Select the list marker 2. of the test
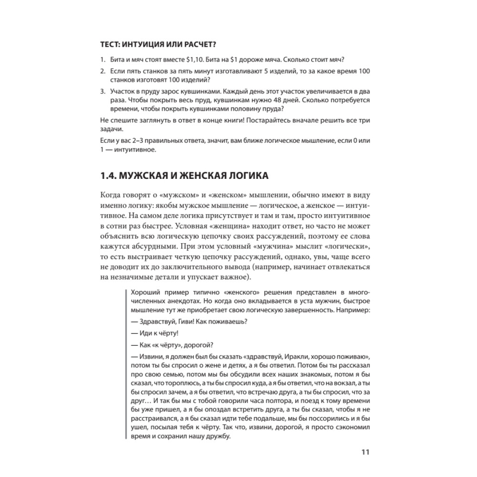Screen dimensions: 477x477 click(103, 71)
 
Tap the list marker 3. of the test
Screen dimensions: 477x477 click(103, 91)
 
